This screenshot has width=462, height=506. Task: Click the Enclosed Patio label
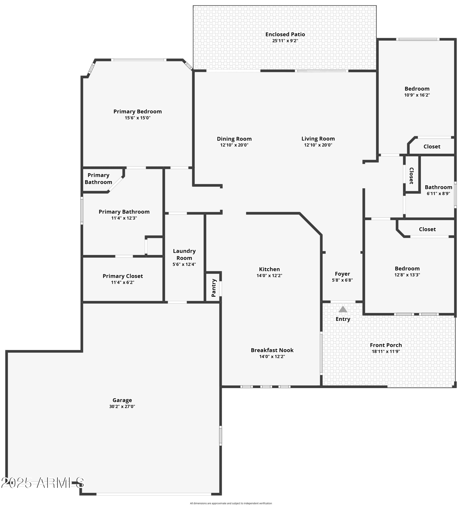coord(285,34)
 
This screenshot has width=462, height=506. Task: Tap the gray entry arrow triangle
coord(343,309)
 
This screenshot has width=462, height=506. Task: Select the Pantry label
coord(214,288)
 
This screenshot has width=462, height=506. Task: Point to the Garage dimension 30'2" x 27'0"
coord(122,407)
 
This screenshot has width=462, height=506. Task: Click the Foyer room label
coord(342,274)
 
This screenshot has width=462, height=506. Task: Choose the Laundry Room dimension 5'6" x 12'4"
coord(184,264)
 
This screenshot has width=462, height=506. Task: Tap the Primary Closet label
coord(123,276)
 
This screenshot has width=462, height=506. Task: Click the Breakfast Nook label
coord(272,350)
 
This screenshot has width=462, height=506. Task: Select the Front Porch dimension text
coord(386,351)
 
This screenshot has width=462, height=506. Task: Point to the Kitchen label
coord(269,269)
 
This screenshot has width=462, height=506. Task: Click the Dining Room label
coord(234,139)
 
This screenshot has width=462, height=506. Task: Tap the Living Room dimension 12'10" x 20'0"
coord(318,145)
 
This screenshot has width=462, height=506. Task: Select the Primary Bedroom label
coord(138,112)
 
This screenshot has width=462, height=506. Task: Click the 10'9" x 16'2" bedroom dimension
coord(417,95)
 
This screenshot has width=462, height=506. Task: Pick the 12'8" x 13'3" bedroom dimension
coord(407,275)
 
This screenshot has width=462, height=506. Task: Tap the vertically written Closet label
coord(411,176)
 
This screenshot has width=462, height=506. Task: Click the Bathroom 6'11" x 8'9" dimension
coord(438,194)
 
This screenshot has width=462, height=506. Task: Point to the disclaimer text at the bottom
coord(231,503)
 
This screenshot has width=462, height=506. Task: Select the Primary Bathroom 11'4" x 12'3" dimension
coord(124,218)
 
